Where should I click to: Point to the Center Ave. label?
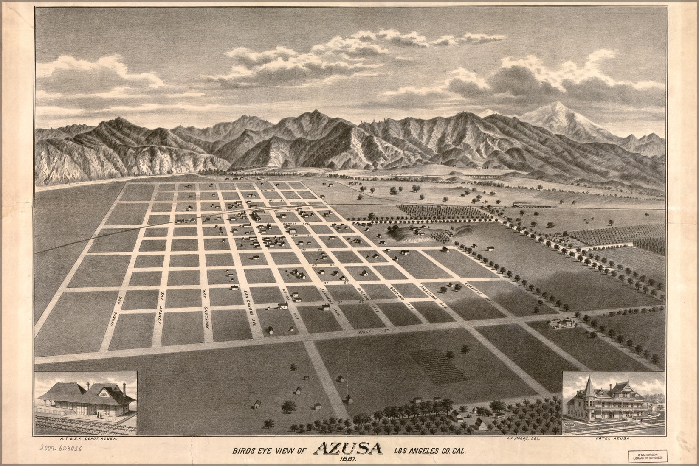coord(301,223)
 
